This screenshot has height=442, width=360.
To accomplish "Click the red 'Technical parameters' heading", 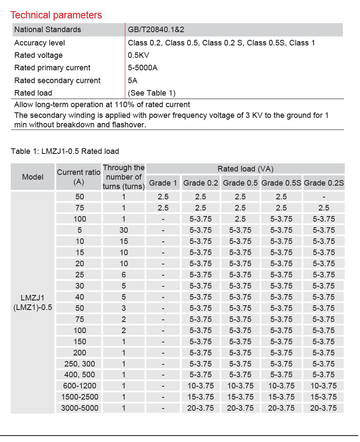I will (x=56, y=15).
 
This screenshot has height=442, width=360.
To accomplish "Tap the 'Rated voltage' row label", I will (x=38, y=55).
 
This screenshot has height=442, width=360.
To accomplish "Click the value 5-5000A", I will (x=142, y=68).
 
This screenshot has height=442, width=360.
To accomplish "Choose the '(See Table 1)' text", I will (x=151, y=93).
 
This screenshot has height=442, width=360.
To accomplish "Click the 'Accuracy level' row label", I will (x=39, y=43).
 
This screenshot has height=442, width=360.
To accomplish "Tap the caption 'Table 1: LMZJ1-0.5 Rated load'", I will (x=65, y=151).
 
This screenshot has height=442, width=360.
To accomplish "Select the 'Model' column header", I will (x=33, y=177).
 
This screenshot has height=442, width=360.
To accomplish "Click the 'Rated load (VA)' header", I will (x=245, y=168).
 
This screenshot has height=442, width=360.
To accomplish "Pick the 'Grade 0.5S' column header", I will (x=281, y=183).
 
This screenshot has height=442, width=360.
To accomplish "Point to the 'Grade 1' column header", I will (x=163, y=183).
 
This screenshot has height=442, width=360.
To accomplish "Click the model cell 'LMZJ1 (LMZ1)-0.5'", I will (x=33, y=302).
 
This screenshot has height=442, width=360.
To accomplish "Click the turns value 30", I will (x=124, y=230).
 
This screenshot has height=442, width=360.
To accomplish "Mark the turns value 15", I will (x=124, y=241).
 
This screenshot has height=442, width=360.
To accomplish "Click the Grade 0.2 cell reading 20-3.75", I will (x=200, y=408).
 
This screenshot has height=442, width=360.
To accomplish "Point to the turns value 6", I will (x=124, y=275).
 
